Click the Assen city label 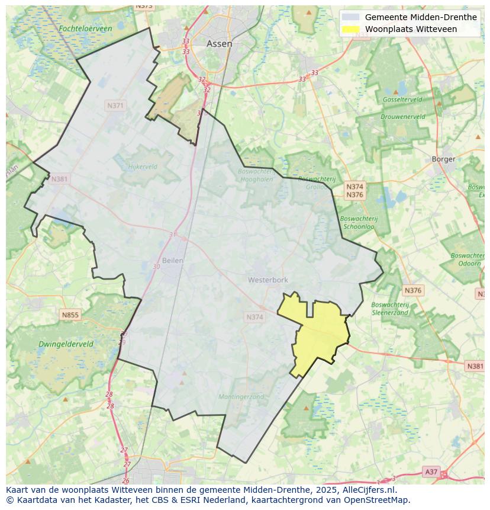[219, 44]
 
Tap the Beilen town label [173, 261]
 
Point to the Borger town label [443, 159]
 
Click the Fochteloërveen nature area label [85, 28]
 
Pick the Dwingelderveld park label [66, 344]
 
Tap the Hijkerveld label [143, 167]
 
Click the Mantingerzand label [241, 397]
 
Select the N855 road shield [70, 315]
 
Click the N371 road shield [115, 105]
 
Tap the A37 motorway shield [431, 471]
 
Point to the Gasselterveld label [402, 100]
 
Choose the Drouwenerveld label [402, 117]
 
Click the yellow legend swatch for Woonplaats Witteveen [351, 29]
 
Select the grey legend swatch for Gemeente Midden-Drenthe [351, 17]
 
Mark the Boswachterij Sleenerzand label [389, 309]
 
